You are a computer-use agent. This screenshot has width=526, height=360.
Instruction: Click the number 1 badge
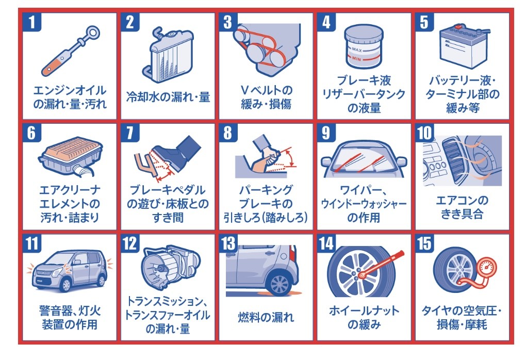(32, 22)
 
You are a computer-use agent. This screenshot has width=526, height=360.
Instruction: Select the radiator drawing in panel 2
(168, 54)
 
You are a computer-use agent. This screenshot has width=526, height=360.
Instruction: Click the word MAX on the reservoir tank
(356, 50)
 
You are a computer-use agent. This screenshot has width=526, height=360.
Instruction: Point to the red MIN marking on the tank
(356, 59)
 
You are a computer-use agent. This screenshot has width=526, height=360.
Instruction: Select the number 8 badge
(228, 133)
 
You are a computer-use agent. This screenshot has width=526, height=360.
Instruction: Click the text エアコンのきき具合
(462, 207)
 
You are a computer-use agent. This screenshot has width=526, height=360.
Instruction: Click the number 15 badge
(425, 243)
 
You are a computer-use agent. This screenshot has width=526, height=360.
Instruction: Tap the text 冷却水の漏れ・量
(168, 97)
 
